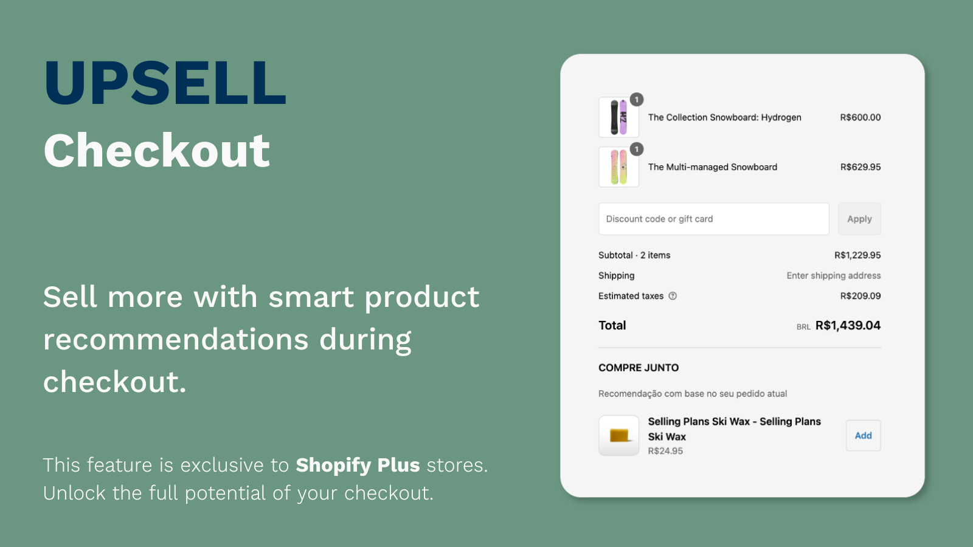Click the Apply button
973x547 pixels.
(x=859, y=219)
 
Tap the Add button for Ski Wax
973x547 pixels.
(x=863, y=435)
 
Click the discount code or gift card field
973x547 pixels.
(x=714, y=219)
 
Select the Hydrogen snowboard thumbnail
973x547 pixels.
(x=618, y=117)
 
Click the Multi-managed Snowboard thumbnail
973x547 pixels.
(x=618, y=167)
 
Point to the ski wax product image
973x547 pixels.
(x=618, y=435)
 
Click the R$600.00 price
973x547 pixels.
(x=860, y=117)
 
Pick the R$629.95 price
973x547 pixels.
(x=860, y=167)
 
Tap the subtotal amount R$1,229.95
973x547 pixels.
(x=857, y=255)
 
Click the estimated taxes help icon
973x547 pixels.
(x=673, y=296)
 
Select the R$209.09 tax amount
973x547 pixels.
(x=860, y=296)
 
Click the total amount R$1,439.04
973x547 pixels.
(x=848, y=325)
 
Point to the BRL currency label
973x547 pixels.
(x=803, y=327)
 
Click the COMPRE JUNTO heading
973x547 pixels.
(x=639, y=368)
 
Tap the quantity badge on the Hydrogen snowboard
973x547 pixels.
(x=636, y=100)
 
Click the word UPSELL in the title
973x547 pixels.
(x=165, y=83)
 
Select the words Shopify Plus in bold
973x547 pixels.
(x=358, y=465)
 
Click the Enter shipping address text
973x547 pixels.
(x=834, y=276)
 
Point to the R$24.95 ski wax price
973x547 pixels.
(x=665, y=451)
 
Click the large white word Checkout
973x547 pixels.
(x=156, y=150)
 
